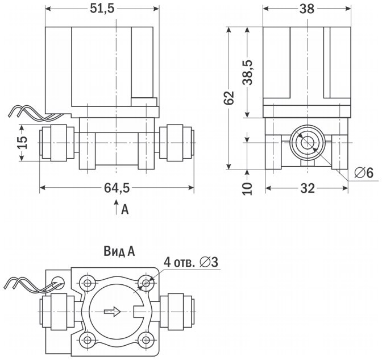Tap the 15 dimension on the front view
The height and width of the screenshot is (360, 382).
(22, 142)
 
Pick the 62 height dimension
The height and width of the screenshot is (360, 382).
(229, 98)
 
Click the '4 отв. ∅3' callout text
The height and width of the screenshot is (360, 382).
(191, 262)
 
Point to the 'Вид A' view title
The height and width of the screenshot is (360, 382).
(119, 250)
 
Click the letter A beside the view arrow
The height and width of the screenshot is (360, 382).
(126, 210)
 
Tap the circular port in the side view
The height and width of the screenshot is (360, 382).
(306, 142)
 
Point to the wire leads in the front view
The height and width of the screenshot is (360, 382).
(26, 111)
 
